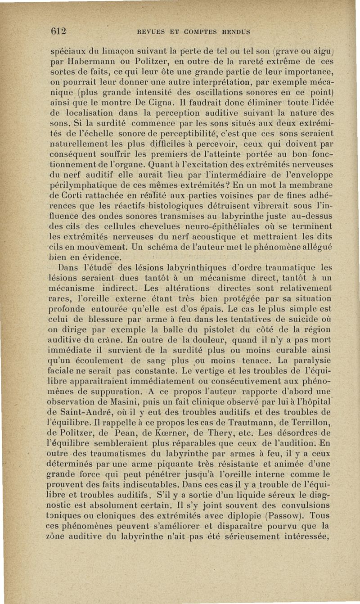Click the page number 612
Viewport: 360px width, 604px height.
pyautogui.click(x=58, y=32)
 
